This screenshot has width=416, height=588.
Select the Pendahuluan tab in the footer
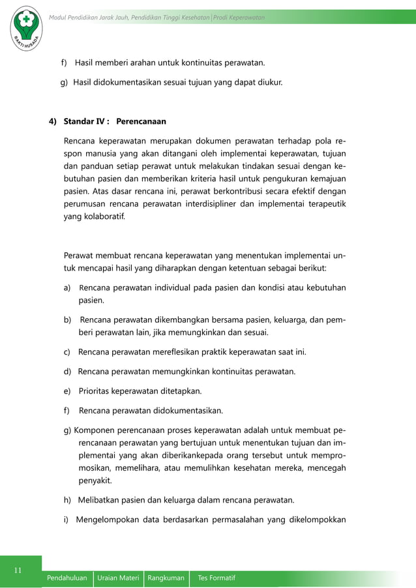tap(67, 578)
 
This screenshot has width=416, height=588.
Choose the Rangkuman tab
tap(166, 578)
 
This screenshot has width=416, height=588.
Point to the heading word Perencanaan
tap(141, 121)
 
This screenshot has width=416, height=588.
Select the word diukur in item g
tap(267, 83)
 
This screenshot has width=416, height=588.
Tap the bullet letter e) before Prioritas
tap(67, 391)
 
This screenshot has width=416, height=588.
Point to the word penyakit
tap(95, 481)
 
